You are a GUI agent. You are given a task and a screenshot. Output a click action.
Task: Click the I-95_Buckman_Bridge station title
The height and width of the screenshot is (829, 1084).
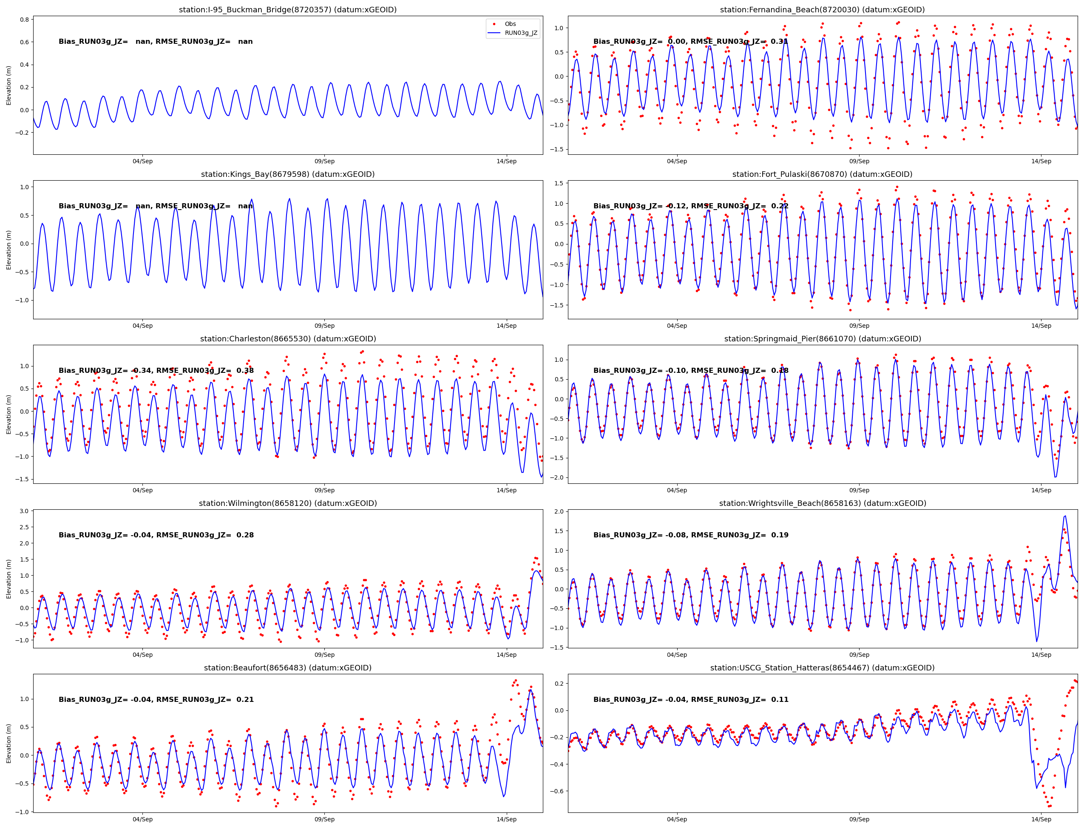click(x=288, y=9)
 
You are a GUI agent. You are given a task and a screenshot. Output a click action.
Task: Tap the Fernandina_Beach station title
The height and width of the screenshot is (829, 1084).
click(x=822, y=9)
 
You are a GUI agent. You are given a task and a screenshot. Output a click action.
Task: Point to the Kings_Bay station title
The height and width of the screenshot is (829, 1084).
click(x=288, y=174)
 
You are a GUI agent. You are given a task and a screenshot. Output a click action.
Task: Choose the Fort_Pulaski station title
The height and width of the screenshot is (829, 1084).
click(x=822, y=174)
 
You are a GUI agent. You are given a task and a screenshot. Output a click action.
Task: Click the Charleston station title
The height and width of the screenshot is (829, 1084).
click(x=288, y=338)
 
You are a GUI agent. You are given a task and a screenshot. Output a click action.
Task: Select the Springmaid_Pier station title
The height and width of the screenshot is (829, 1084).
click(x=822, y=338)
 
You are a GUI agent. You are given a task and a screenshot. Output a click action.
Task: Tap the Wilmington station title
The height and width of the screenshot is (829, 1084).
click(x=288, y=503)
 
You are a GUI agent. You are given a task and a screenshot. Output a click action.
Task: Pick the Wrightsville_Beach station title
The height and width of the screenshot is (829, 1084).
click(x=822, y=503)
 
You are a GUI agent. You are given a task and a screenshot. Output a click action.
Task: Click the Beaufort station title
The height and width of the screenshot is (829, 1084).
click(x=288, y=667)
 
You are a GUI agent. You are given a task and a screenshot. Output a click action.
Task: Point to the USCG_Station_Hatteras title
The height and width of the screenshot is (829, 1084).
click(x=822, y=667)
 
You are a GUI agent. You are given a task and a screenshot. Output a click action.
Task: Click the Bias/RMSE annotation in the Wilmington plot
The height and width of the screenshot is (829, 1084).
click(x=156, y=535)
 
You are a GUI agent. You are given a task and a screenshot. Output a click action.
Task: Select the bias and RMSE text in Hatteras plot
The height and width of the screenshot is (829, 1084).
click(x=691, y=699)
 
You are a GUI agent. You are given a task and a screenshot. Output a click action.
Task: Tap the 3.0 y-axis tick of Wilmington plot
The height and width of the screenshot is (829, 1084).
click(x=24, y=511)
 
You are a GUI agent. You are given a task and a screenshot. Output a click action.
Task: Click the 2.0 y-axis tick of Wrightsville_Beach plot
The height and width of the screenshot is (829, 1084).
click(x=559, y=512)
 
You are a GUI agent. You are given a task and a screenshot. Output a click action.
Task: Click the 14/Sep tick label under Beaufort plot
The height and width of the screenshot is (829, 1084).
click(x=506, y=819)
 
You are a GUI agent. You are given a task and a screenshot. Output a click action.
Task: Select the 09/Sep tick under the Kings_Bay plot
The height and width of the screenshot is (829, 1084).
click(x=324, y=326)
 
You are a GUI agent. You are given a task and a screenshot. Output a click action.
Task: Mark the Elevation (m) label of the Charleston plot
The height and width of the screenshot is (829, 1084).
click(x=9, y=414)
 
